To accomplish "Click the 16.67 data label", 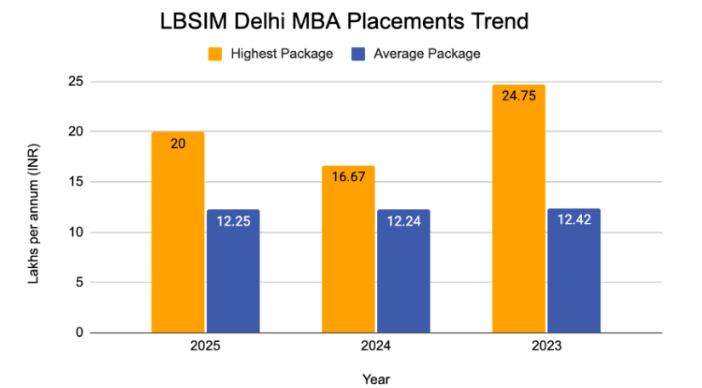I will click(348, 178).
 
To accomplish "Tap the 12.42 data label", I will click(574, 220).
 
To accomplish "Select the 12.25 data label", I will click(233, 220).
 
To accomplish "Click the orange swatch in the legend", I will click(215, 54).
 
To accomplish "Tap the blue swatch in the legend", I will click(358, 54).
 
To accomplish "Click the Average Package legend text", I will click(426, 54).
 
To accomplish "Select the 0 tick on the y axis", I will click(79, 333).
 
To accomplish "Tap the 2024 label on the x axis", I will click(376, 346).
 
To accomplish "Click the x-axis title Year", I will click(376, 379).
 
